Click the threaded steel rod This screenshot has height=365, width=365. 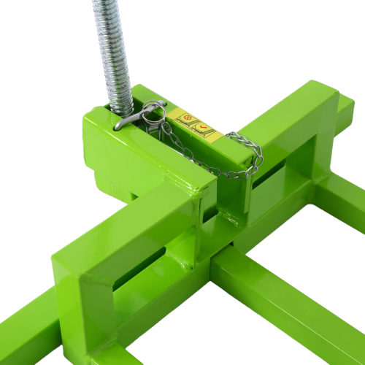tap(113, 44)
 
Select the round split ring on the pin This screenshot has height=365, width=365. tap(153, 109)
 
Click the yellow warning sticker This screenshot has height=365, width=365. tap(195, 125)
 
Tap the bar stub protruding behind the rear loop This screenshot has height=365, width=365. tap(346, 109)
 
